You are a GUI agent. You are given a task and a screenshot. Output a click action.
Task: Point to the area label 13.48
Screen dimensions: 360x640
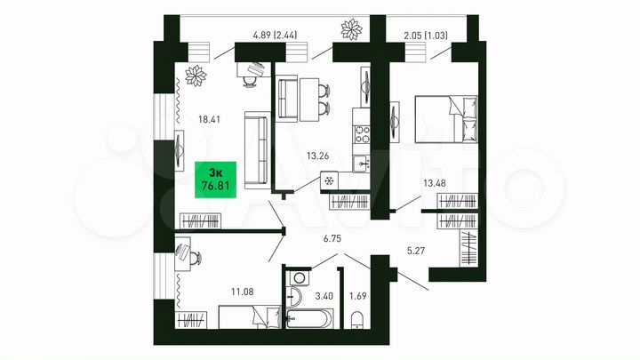(x=436, y=184)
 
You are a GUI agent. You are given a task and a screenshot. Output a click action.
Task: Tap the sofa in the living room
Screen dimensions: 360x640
(x=255, y=151)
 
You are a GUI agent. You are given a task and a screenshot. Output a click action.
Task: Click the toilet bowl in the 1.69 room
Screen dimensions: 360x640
(x=358, y=319)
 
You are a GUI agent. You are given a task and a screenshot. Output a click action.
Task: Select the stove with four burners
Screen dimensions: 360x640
(x=362, y=134)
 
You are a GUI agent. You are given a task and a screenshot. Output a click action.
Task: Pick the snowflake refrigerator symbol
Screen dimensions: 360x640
(x=327, y=180)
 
